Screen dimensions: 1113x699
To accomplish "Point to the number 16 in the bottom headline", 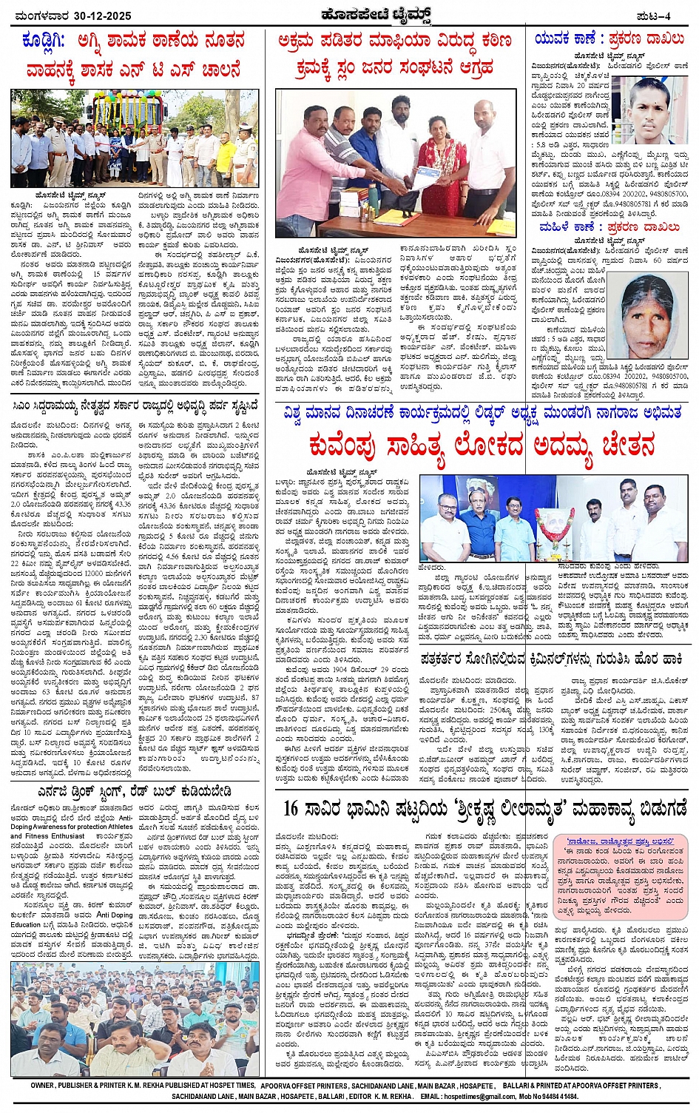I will tap(290, 807).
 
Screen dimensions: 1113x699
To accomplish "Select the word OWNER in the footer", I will tap(44, 1085).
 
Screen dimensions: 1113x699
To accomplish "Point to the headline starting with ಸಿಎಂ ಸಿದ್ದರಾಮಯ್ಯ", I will tap(135, 405).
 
